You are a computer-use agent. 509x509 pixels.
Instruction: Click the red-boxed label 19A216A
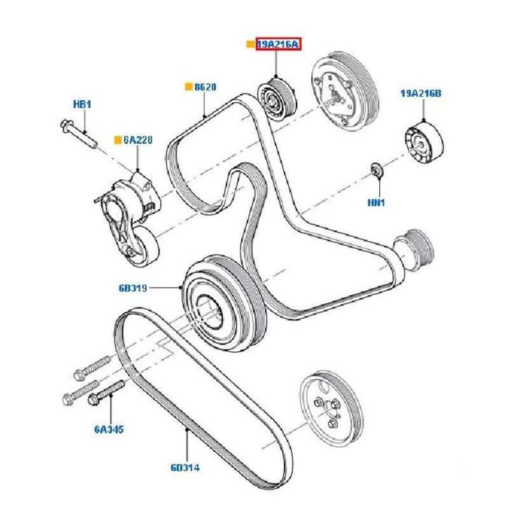click(x=277, y=45)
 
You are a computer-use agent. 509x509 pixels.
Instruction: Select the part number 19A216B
click(x=421, y=94)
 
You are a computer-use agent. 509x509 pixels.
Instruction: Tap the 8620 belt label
click(x=205, y=87)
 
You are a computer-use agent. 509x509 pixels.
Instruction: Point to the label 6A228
click(x=137, y=139)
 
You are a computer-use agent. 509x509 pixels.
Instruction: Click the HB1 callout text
click(x=82, y=103)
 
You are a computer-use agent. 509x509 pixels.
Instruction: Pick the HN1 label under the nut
click(x=377, y=203)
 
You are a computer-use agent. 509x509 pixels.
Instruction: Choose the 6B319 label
click(x=132, y=288)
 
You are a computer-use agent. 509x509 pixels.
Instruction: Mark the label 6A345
click(x=108, y=429)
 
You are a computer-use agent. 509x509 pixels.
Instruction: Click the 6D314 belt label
click(x=185, y=468)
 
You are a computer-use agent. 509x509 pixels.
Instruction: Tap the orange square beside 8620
click(x=188, y=87)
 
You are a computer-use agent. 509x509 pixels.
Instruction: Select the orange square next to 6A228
click(x=117, y=139)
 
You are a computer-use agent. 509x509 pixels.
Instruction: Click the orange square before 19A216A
click(x=250, y=45)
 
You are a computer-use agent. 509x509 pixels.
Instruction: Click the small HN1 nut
click(x=377, y=169)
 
